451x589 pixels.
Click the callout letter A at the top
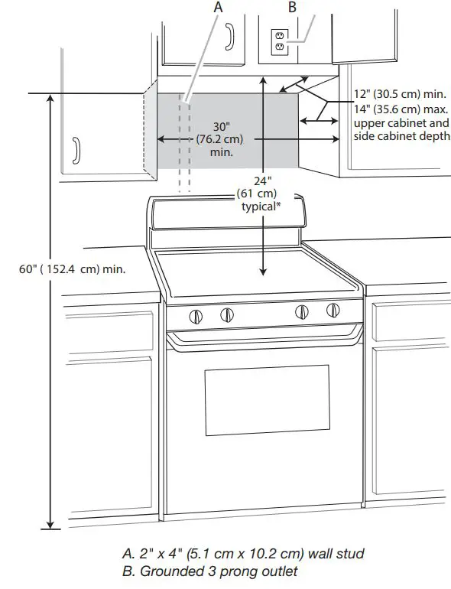(x=219, y=6)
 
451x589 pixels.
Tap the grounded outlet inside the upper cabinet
(x=278, y=41)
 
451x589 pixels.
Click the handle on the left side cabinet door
(x=75, y=151)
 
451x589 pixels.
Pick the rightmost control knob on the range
(x=333, y=311)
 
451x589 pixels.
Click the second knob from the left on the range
(x=227, y=314)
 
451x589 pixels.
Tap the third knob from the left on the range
(x=303, y=311)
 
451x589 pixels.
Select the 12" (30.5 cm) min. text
(x=399, y=94)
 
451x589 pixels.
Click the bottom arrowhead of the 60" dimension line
(x=51, y=524)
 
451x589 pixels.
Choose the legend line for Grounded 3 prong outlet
(x=209, y=571)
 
